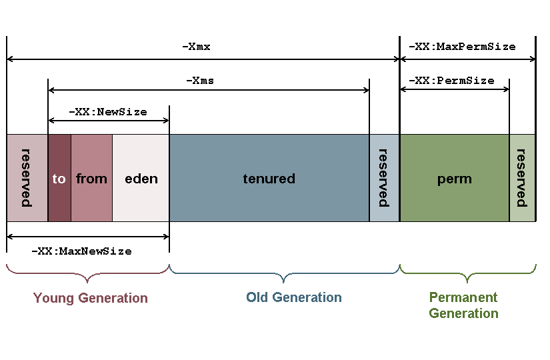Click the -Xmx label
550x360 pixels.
(196, 47)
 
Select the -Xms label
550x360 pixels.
(199, 81)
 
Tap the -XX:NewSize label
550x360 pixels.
(108, 112)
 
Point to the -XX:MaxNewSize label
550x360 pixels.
(81, 251)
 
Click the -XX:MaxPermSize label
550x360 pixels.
(462, 47)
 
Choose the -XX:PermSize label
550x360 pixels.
(451, 81)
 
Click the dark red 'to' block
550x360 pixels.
(59, 178)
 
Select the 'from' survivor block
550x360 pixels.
(91, 178)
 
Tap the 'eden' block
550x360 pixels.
(141, 178)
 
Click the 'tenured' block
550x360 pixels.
(269, 178)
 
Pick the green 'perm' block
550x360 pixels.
(454, 178)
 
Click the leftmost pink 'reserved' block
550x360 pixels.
(27, 178)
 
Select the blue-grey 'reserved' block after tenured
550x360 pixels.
(384, 178)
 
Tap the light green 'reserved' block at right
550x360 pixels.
(522, 178)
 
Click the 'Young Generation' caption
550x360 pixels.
(91, 298)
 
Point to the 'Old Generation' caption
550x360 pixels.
(293, 297)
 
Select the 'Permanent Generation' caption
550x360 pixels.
(463, 305)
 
